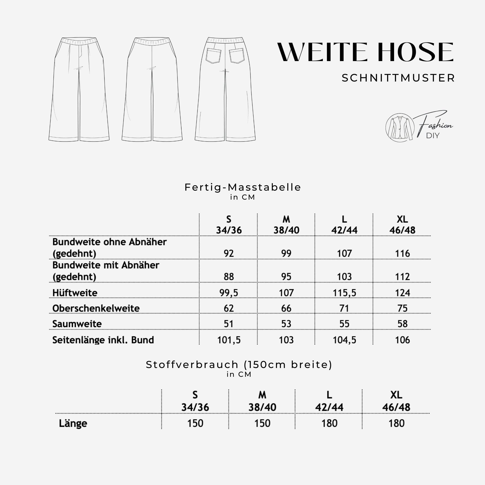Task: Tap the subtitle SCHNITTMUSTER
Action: pyautogui.click(x=398, y=78)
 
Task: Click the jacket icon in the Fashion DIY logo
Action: pyautogui.click(x=400, y=128)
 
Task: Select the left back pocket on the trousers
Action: pyautogui.click(x=213, y=56)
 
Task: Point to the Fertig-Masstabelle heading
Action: pyautogui.click(x=242, y=187)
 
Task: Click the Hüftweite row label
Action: pyautogui.click(x=75, y=293)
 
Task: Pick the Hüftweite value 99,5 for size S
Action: pyautogui.click(x=229, y=293)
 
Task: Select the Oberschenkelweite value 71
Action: pyautogui.click(x=344, y=308)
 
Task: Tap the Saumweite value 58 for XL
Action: pyautogui.click(x=402, y=324)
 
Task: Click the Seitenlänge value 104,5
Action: pyautogui.click(x=344, y=340)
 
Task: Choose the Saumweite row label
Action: pyautogui.click(x=77, y=324)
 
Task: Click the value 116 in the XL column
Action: pyautogui.click(x=402, y=254)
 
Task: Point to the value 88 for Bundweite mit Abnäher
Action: pyautogui.click(x=229, y=277)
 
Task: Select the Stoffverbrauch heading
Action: pyautogui.click(x=239, y=365)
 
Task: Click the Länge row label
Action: pyautogui.click(x=73, y=423)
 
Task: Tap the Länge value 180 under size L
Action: pyautogui.click(x=329, y=423)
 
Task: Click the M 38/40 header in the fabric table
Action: pyautogui.click(x=262, y=401)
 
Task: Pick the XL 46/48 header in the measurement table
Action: pyautogui.click(x=402, y=225)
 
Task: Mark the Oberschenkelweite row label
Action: pyautogui.click(x=96, y=308)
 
